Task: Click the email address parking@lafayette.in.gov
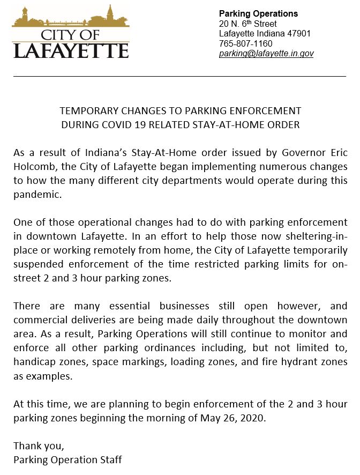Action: point(266,54)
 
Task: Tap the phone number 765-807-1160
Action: point(246,43)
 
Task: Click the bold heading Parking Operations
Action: point(258,14)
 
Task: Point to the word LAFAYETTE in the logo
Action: point(70,50)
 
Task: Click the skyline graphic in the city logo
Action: point(70,19)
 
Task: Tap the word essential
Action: point(134,306)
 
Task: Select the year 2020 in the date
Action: point(252,417)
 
